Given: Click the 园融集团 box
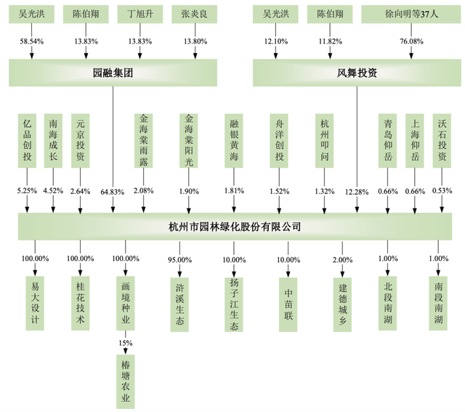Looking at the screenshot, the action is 113,73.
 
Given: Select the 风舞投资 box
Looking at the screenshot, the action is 357,73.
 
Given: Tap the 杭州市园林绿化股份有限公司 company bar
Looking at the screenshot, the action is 235,227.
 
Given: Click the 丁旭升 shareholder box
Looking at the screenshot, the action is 140,14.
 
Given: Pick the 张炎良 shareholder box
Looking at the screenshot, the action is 194,14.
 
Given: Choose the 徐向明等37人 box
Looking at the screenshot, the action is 411,14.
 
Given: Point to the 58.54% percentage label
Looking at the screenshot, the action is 32,41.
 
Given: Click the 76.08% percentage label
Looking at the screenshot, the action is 411,41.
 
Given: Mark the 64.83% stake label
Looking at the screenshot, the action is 113,192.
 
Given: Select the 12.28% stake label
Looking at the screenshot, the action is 357,192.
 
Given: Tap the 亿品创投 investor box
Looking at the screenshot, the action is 27,140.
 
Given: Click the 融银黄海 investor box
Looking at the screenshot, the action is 234,140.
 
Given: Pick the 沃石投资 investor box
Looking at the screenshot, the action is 442,140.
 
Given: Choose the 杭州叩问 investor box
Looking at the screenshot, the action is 325,140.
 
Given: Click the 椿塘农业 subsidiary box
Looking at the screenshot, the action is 126,381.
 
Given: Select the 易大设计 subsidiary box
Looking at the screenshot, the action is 35,304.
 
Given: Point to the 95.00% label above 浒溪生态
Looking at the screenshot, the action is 179,260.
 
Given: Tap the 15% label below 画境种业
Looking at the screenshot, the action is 126,343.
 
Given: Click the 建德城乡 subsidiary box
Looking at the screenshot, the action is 342,304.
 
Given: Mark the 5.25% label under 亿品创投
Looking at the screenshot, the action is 27,190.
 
